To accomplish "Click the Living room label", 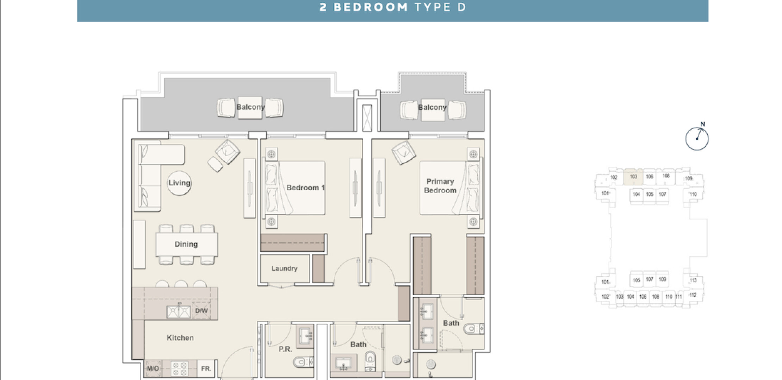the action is point(179,183).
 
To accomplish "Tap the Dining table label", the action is point(186,244).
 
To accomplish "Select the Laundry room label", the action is point(284,268).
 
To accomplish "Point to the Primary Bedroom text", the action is point(440,186).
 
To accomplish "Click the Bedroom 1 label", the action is point(305,188).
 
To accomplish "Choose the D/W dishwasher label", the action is point(201,311).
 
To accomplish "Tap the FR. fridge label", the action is point(206,368).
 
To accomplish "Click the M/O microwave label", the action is point(153,368).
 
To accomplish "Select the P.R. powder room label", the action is point(285,349).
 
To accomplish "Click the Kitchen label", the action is point(180,338).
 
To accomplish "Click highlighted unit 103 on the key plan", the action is point(633,177).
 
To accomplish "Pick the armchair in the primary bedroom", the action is point(404,152).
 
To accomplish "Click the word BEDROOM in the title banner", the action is point(370,7).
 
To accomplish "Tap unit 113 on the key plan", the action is point(693,280).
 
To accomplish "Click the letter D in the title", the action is point(462,7).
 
